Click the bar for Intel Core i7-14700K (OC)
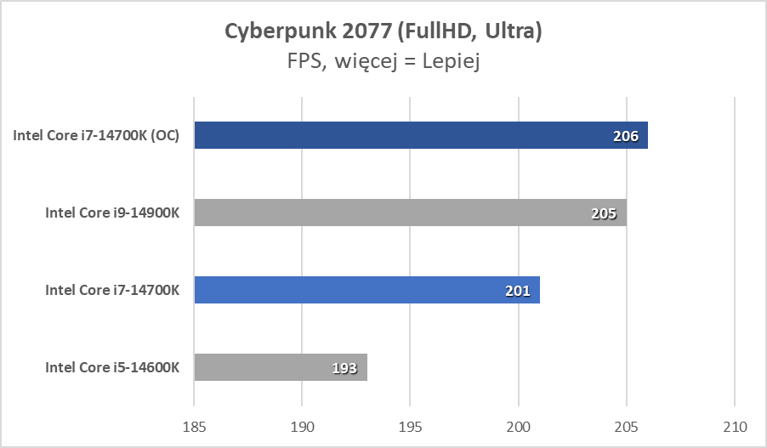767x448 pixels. [x=421, y=135]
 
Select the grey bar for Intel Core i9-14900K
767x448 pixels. [x=410, y=213]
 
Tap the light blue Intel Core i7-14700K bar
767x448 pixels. [x=366, y=290]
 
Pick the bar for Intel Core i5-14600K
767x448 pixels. [x=281, y=367]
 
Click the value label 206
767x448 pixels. [x=626, y=136]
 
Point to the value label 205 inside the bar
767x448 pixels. [x=604, y=213]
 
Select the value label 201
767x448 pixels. [x=517, y=291]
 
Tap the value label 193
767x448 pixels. [x=344, y=368]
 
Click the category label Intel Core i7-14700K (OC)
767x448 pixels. [x=96, y=135]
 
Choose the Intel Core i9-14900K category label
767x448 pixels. [x=112, y=213]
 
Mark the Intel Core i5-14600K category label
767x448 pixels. [x=112, y=367]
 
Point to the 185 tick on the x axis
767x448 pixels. [x=194, y=425]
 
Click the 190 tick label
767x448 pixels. [x=302, y=425]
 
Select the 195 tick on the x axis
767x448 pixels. [x=410, y=425]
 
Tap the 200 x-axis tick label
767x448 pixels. [x=519, y=425]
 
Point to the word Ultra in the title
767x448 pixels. [x=513, y=31]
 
